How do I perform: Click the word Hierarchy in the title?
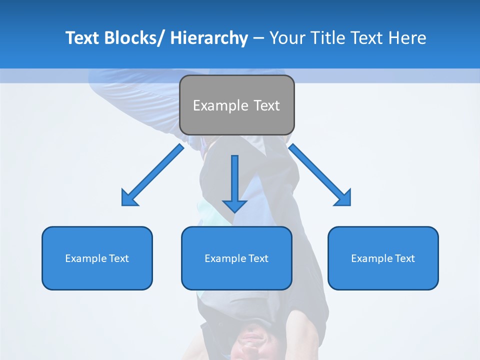209,38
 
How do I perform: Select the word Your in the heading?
287,38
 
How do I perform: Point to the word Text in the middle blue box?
258,258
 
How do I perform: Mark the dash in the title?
258,38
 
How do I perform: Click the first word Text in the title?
82,38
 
